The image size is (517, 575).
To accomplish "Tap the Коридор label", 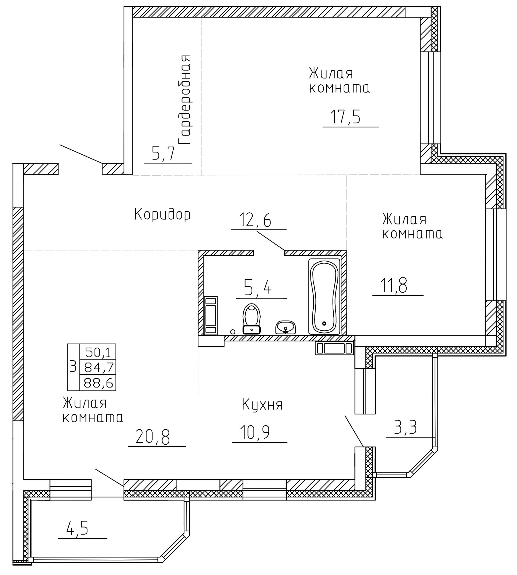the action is (162, 214).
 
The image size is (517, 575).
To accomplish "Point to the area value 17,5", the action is (345, 117).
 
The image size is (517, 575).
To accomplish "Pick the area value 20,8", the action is (153, 437).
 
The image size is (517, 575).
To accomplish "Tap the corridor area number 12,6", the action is (255, 220).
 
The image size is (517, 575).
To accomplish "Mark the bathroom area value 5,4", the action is (258, 288).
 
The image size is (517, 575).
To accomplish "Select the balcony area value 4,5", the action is (78, 529).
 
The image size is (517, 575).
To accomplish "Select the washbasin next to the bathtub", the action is (285, 327).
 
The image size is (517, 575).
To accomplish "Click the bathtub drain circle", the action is (324, 323).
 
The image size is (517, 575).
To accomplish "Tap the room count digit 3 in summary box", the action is (73, 367).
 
